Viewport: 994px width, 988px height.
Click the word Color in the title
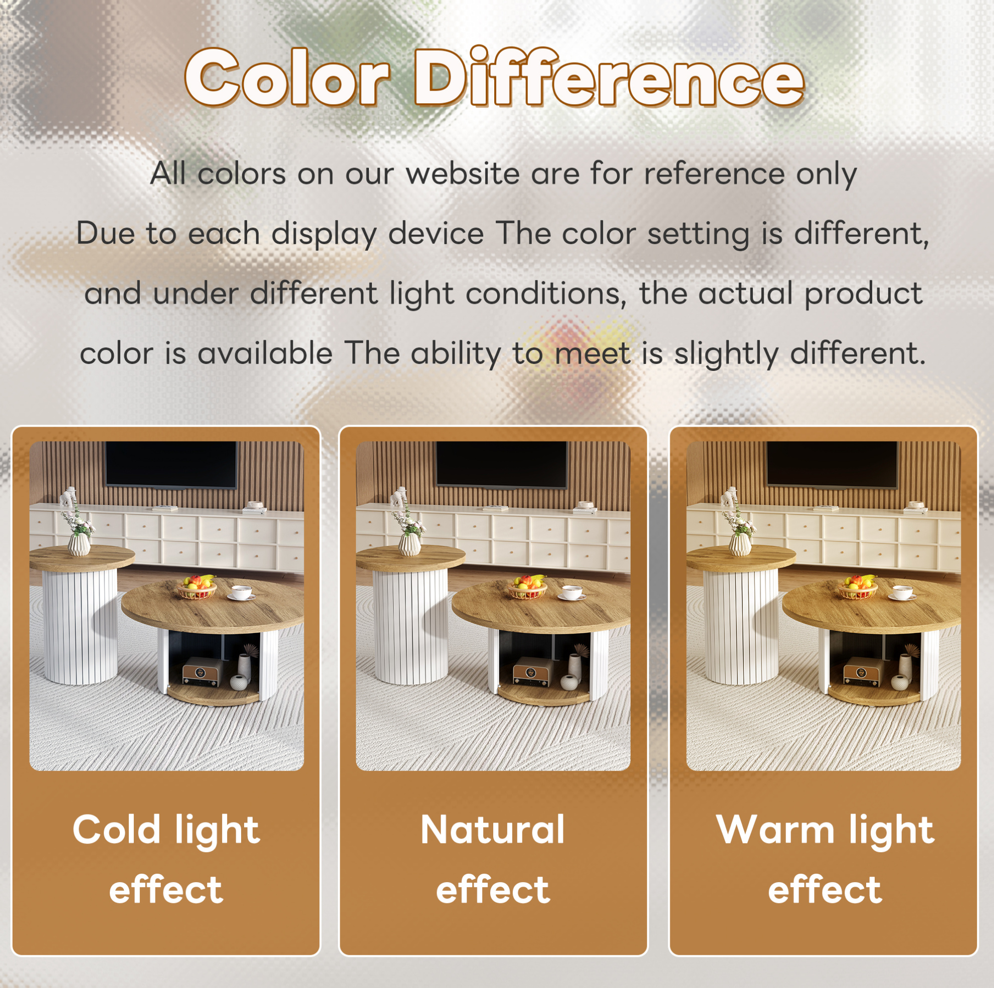click(x=287, y=77)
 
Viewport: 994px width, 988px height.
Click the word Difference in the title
click(x=609, y=77)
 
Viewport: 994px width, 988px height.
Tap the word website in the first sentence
click(x=463, y=173)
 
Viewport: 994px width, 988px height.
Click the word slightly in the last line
click(x=726, y=353)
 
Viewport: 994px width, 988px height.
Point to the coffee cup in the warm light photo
click(x=902, y=592)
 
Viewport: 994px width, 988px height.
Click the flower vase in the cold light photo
click(x=79, y=544)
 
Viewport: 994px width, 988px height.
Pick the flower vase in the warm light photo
click(x=739, y=544)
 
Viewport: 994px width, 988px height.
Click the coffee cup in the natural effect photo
click(x=572, y=592)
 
